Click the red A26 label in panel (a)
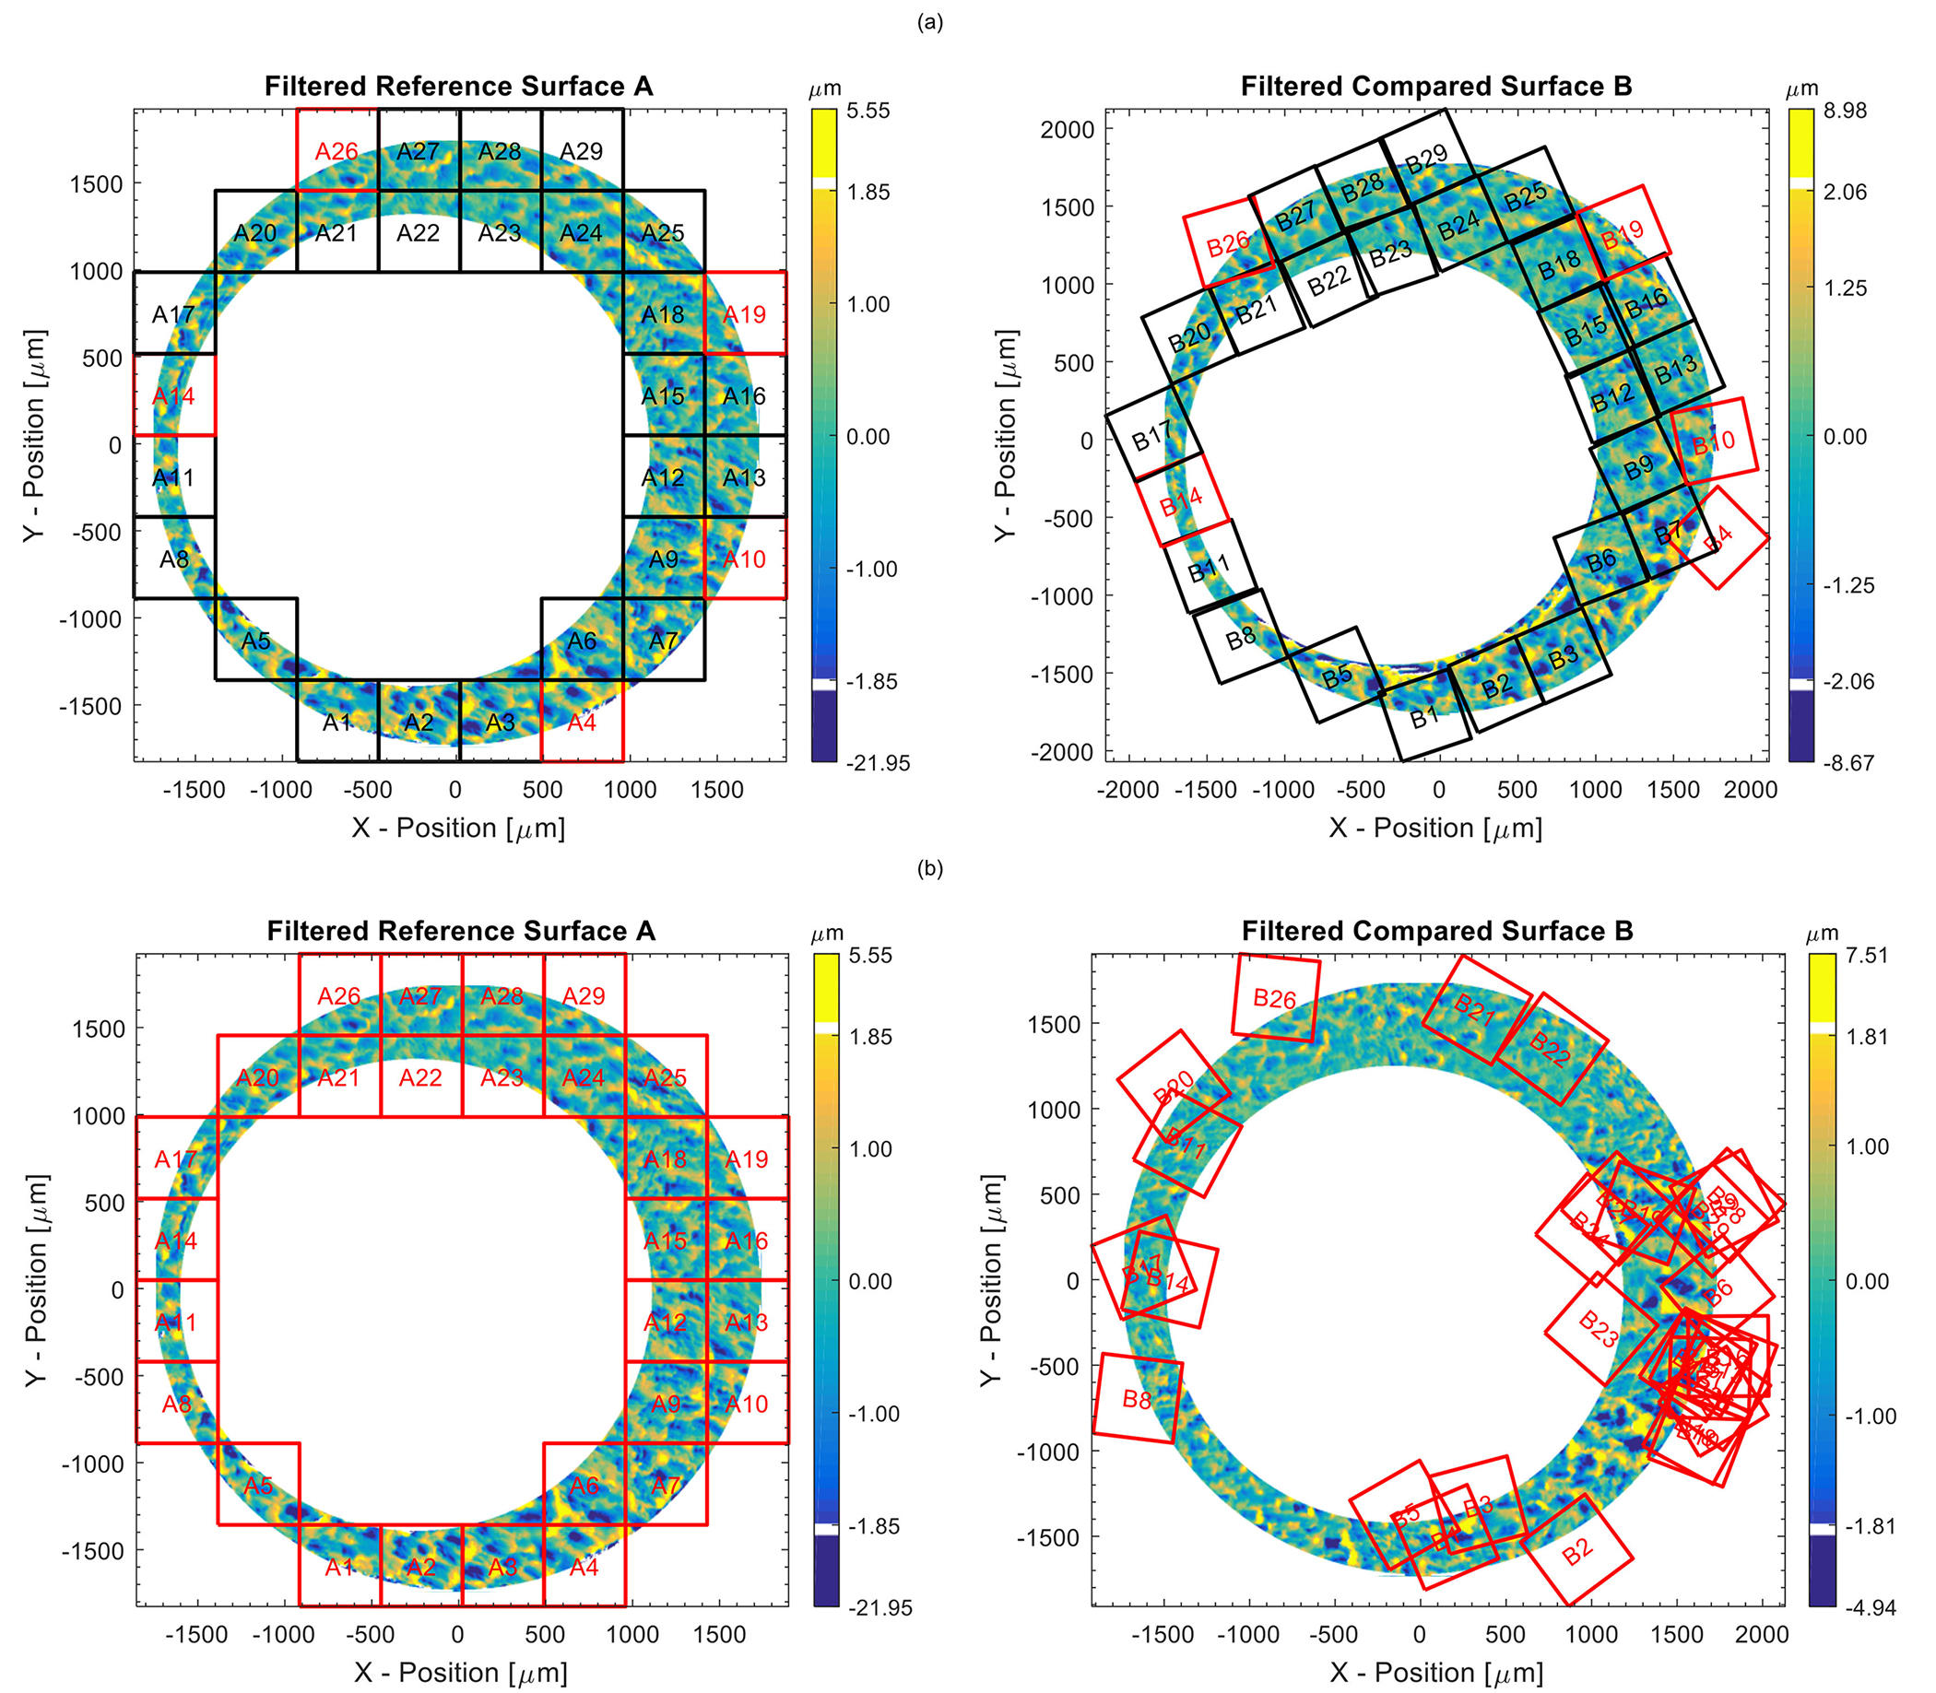click(x=336, y=151)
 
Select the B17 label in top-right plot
click(x=1151, y=436)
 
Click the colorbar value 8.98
click(x=1839, y=111)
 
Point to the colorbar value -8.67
click(x=1839, y=762)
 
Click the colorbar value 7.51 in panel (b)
click(x=1863, y=955)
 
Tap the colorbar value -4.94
click(x=1863, y=1607)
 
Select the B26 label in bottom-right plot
click(x=1274, y=999)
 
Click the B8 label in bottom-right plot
click(x=1137, y=1399)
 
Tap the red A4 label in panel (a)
click(x=581, y=723)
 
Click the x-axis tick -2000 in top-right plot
click(x=1128, y=790)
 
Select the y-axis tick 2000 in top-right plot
click(x=1067, y=128)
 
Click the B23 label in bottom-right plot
click(x=1598, y=1328)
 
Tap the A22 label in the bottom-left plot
click(x=419, y=1077)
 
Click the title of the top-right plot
click(x=1436, y=86)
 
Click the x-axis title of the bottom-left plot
click(x=460, y=1672)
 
